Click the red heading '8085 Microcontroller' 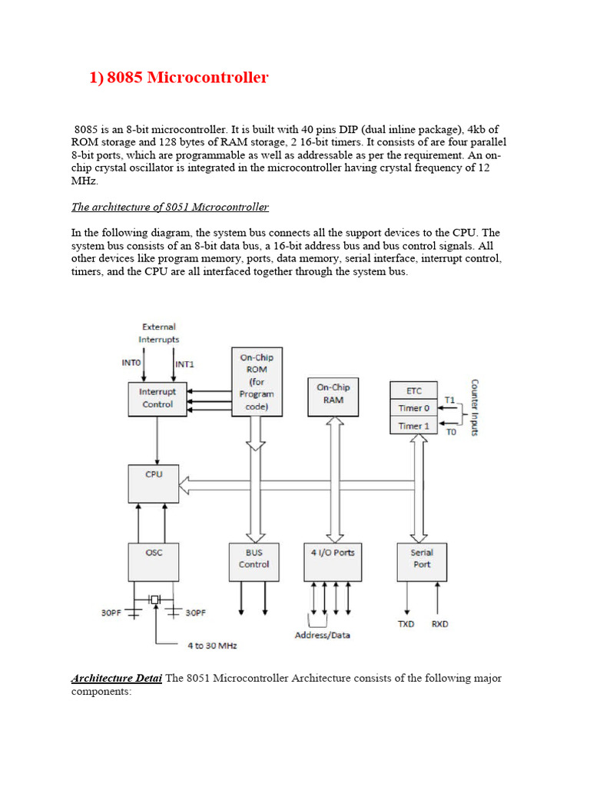(179, 78)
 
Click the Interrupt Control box (157, 398)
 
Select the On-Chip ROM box (256, 381)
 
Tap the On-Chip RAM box (333, 394)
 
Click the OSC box (154, 563)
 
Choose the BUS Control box (254, 563)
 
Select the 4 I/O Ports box (333, 563)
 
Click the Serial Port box (421, 563)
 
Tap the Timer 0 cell (415, 408)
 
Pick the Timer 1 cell (415, 426)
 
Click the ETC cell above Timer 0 (415, 390)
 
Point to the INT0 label (131, 364)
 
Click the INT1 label (185, 364)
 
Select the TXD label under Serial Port (406, 624)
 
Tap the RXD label (440, 624)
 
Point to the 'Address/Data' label (323, 636)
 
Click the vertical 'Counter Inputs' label (474, 407)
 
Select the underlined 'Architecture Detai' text (116, 679)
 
